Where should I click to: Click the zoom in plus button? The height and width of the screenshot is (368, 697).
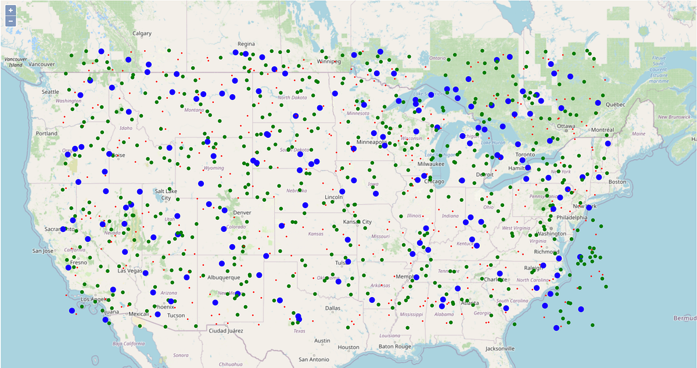click(x=10, y=10)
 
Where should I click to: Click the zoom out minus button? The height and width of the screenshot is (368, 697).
click(x=10, y=22)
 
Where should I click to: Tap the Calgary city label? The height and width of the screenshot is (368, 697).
click(x=142, y=33)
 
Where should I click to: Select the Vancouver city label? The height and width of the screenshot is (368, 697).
click(x=41, y=64)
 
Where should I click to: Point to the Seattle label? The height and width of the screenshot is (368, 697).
click(x=50, y=92)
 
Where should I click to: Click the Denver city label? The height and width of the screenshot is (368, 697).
click(x=242, y=213)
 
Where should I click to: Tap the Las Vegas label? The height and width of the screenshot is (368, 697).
click(x=130, y=271)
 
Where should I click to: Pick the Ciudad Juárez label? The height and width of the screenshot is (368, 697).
click(x=225, y=330)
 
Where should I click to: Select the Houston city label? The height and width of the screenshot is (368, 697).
click(x=348, y=347)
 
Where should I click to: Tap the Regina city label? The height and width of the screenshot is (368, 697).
click(x=246, y=44)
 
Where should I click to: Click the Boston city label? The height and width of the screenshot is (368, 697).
click(x=617, y=182)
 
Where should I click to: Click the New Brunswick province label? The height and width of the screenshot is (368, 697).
click(x=674, y=117)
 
